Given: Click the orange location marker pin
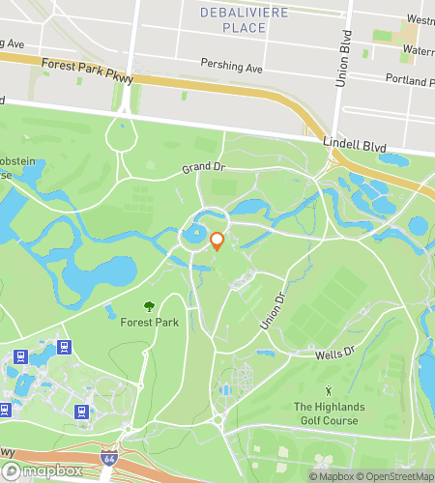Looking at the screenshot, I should click(217, 241).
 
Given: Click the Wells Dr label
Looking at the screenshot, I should click(335, 354).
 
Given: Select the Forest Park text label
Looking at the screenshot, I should click(144, 324).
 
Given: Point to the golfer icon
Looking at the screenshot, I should click(329, 390).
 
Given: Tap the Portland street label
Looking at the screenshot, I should click(408, 81).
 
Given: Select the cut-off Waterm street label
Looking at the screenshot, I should click(418, 50).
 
